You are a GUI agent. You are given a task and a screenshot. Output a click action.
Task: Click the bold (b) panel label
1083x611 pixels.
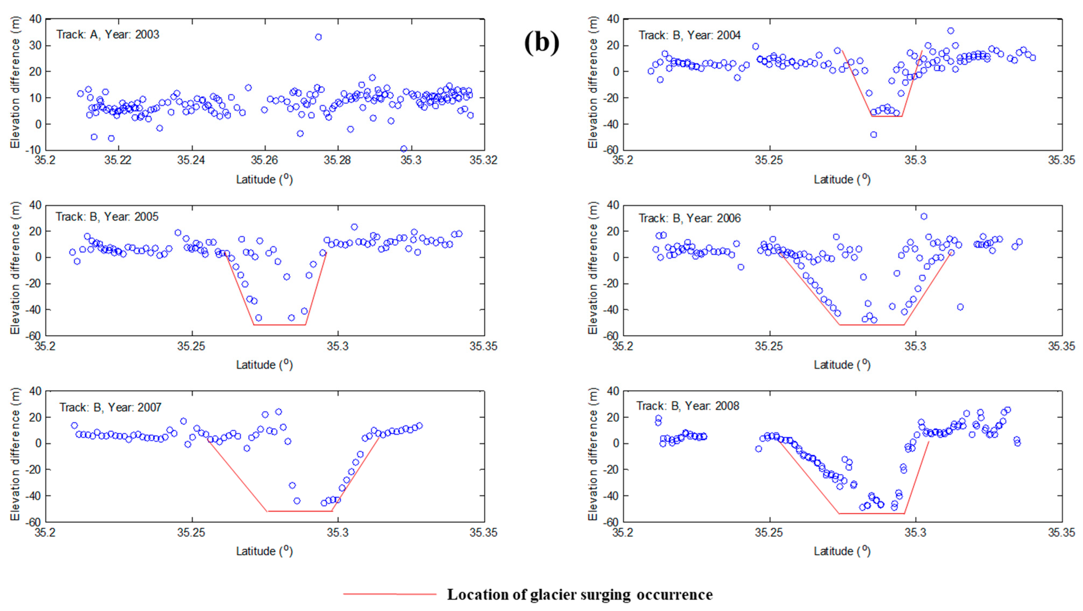pyautogui.click(x=542, y=43)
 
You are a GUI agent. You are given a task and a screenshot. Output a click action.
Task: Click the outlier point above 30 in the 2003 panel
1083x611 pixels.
pyautogui.click(x=318, y=37)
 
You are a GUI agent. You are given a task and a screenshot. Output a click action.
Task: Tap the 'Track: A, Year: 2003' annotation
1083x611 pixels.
pyautogui.click(x=108, y=35)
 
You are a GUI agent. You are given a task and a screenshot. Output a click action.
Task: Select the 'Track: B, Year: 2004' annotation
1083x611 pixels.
pyautogui.click(x=690, y=35)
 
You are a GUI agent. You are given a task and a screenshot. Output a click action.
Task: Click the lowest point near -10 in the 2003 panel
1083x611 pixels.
pyautogui.click(x=404, y=149)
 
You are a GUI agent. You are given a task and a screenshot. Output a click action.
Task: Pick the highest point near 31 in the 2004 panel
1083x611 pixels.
pyautogui.click(x=951, y=31)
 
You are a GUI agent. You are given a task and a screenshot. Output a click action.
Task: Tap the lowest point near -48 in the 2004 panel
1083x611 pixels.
pyautogui.click(x=874, y=135)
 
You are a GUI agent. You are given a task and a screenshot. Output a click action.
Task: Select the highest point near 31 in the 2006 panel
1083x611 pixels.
pyautogui.click(x=924, y=216)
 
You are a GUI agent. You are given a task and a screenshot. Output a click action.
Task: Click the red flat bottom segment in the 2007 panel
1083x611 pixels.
pyautogui.click(x=300, y=511)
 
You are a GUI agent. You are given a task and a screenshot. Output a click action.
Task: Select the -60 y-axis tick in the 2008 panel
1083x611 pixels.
pyautogui.click(x=611, y=522)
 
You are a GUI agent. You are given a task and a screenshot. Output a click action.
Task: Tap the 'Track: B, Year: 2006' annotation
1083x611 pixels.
pyautogui.click(x=690, y=218)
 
